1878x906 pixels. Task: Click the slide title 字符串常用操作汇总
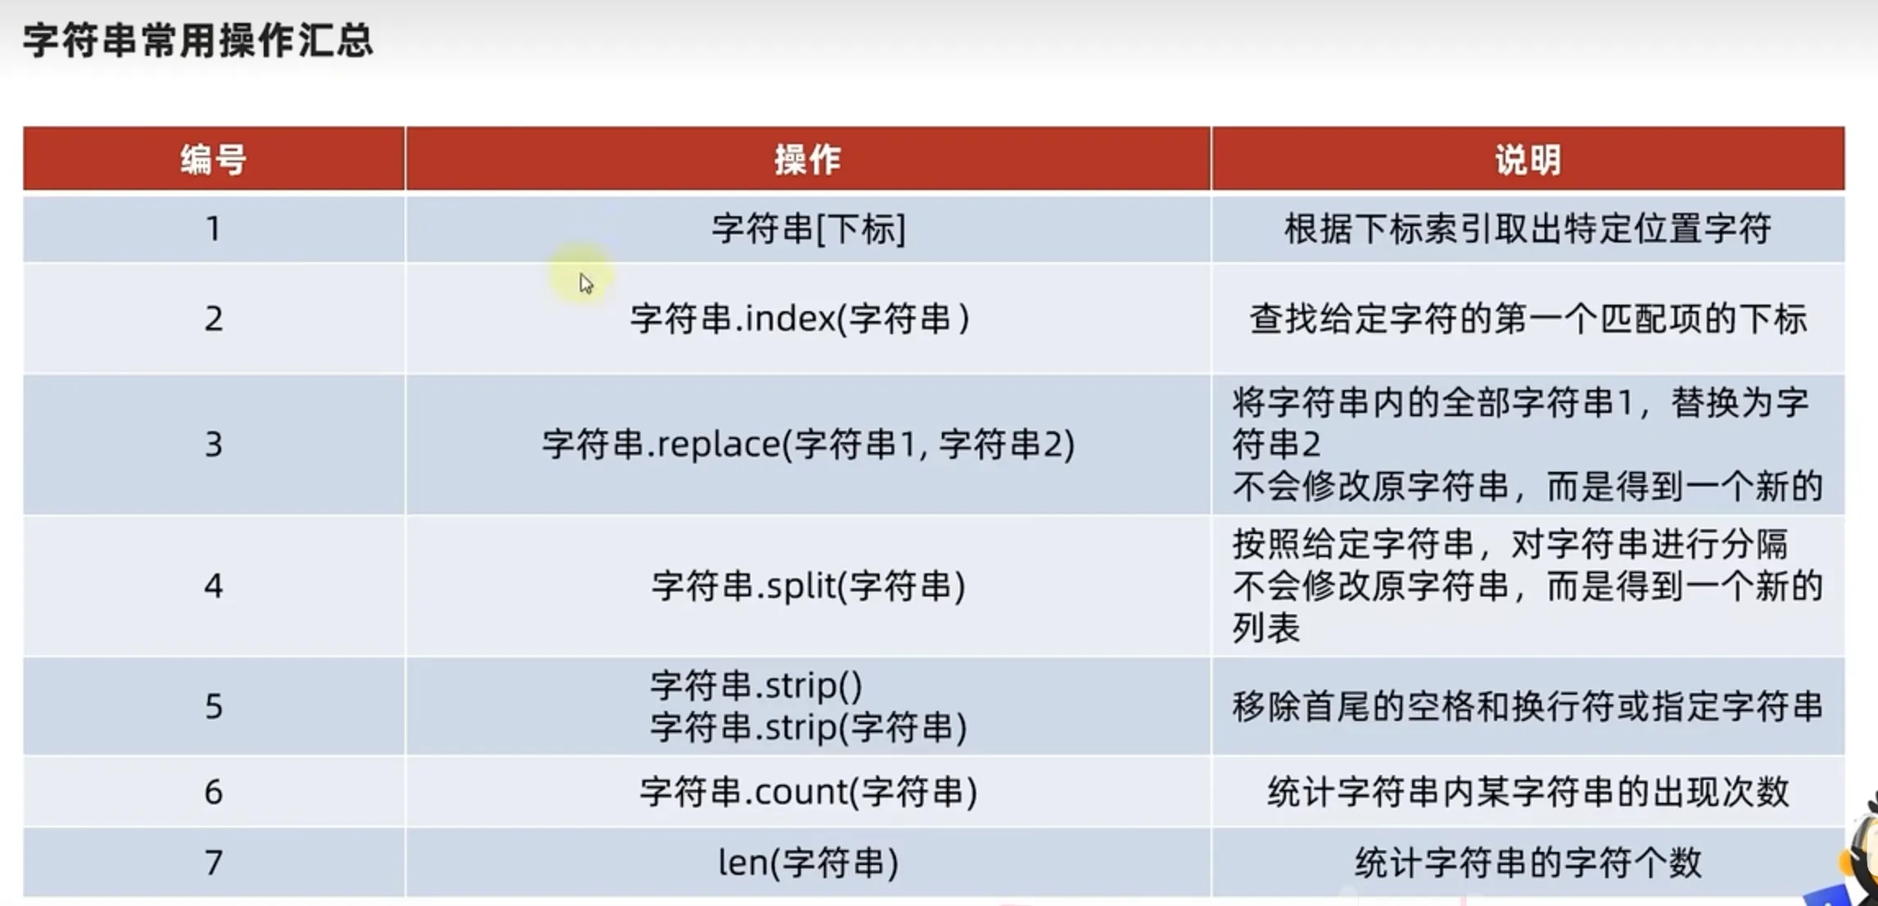point(198,40)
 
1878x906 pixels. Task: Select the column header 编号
point(213,159)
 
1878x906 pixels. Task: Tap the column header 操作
point(808,159)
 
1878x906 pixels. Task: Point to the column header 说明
point(1527,159)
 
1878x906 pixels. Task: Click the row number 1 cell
point(213,229)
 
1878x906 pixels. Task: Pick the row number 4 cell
point(213,586)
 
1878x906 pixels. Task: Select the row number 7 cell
point(213,863)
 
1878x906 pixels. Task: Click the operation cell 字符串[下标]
point(808,229)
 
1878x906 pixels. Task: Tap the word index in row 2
point(790,319)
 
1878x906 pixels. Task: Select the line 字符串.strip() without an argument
point(755,685)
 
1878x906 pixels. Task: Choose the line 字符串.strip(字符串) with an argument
point(808,727)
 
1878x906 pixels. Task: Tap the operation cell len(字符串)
point(808,863)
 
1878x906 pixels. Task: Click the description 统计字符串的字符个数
point(1527,863)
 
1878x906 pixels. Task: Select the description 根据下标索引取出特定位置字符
point(1527,229)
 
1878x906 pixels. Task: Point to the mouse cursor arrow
point(585,283)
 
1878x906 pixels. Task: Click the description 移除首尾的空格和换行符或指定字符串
point(1527,706)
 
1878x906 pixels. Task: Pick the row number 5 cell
point(213,706)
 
